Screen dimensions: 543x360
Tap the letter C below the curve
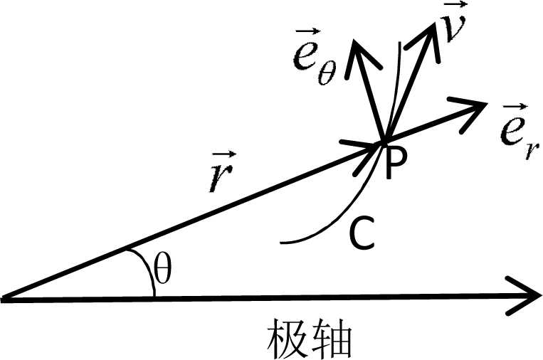click(361, 236)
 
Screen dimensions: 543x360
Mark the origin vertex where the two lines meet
click(6, 299)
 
